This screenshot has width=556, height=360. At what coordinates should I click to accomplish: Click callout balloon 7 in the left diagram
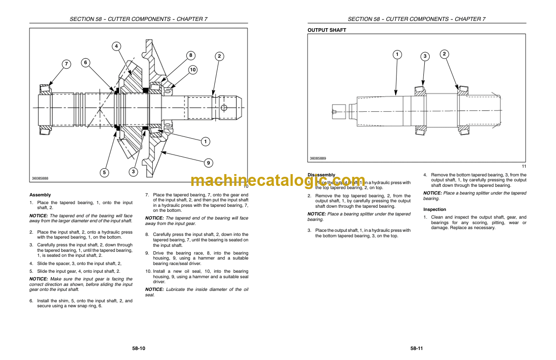coord(67,64)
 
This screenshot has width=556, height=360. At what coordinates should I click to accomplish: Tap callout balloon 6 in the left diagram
coord(85,63)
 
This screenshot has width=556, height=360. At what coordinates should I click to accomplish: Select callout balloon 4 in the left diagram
coord(116,46)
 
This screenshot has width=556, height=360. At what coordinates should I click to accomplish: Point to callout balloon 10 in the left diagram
coord(193,70)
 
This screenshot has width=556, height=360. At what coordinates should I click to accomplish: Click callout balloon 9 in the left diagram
coord(208,162)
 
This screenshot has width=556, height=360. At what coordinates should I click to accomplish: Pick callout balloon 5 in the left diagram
coord(104,172)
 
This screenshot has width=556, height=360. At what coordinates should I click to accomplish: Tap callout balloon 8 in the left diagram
coord(191,55)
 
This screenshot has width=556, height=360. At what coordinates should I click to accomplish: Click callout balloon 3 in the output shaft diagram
coord(425,56)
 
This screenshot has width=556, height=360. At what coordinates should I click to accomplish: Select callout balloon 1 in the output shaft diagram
coord(397,55)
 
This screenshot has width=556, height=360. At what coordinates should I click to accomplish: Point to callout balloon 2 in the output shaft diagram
coord(444,54)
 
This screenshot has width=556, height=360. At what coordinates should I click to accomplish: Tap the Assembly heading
coord(40,195)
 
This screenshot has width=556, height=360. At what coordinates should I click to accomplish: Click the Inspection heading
coord(435,210)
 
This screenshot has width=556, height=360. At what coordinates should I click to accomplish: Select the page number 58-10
coord(139,349)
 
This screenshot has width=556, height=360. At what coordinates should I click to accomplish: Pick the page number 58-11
coord(417,349)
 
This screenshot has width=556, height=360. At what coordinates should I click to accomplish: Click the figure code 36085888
coord(40,179)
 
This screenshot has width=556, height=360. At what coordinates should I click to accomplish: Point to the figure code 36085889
coord(318,158)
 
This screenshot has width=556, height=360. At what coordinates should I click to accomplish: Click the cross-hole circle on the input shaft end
coord(223,107)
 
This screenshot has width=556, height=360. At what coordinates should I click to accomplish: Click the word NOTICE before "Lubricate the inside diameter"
coord(154,289)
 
